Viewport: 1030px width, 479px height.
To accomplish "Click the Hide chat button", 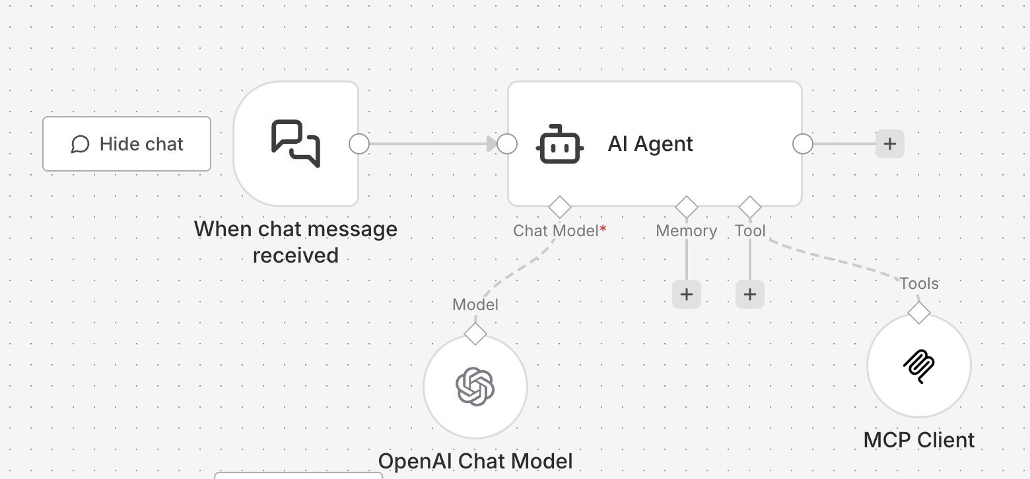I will (x=127, y=144).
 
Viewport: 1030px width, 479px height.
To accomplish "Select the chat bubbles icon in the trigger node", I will (x=296, y=143).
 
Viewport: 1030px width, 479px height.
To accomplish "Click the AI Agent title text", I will (x=650, y=144).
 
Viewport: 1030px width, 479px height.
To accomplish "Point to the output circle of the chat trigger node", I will (x=359, y=144).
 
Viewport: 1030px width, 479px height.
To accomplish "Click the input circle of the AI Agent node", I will (x=507, y=144).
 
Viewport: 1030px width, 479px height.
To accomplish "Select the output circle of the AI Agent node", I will (x=803, y=144).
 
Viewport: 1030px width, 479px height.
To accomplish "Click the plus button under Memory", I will (x=687, y=294).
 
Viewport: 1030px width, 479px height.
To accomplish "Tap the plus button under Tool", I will (x=750, y=294).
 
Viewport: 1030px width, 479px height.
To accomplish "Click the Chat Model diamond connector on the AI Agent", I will (x=560, y=207).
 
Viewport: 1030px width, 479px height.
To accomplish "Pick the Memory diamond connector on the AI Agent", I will (x=687, y=207).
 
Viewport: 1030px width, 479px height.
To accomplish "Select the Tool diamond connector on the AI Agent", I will (x=750, y=207).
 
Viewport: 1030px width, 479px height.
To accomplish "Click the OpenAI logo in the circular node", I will (x=475, y=386).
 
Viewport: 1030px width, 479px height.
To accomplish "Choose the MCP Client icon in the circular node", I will (x=918, y=366).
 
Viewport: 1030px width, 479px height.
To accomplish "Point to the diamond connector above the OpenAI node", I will (x=475, y=334).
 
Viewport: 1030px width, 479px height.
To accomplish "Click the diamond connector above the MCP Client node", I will (x=919, y=313).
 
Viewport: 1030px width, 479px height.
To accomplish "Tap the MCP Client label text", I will (x=919, y=440).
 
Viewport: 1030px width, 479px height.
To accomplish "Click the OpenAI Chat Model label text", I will (x=475, y=461).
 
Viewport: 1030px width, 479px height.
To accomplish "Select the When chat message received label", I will (x=296, y=241).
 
